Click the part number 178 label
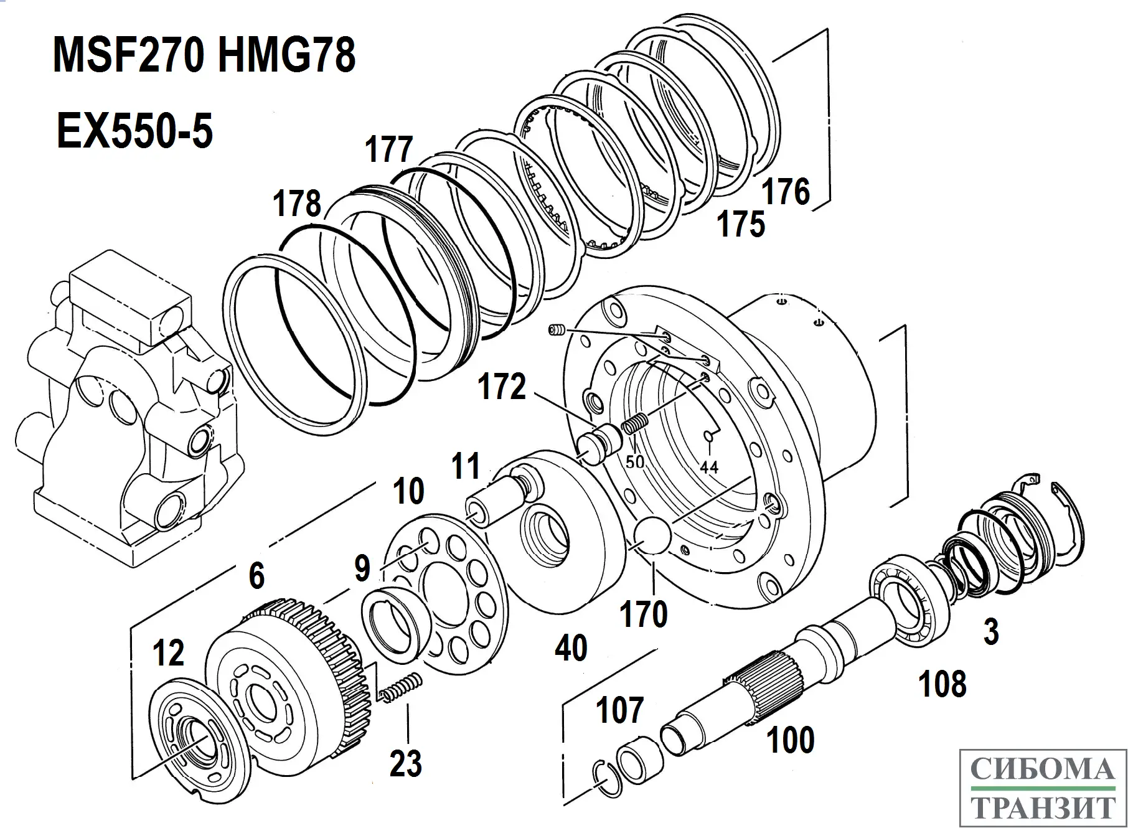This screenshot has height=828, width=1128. (x=298, y=204)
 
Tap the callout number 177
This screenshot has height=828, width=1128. (x=389, y=150)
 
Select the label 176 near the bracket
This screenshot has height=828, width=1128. (x=786, y=191)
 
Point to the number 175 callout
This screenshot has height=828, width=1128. (x=741, y=223)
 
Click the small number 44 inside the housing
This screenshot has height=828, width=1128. (x=709, y=466)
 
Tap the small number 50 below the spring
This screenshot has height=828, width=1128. (x=635, y=462)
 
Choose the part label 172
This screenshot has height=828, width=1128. (x=502, y=387)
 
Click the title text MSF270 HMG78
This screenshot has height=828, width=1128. (x=204, y=55)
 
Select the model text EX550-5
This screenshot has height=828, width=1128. (x=134, y=131)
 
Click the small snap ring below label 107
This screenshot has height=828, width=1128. (x=606, y=778)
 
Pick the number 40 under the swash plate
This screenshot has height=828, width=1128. (x=571, y=648)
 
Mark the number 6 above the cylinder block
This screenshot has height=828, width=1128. (x=256, y=575)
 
